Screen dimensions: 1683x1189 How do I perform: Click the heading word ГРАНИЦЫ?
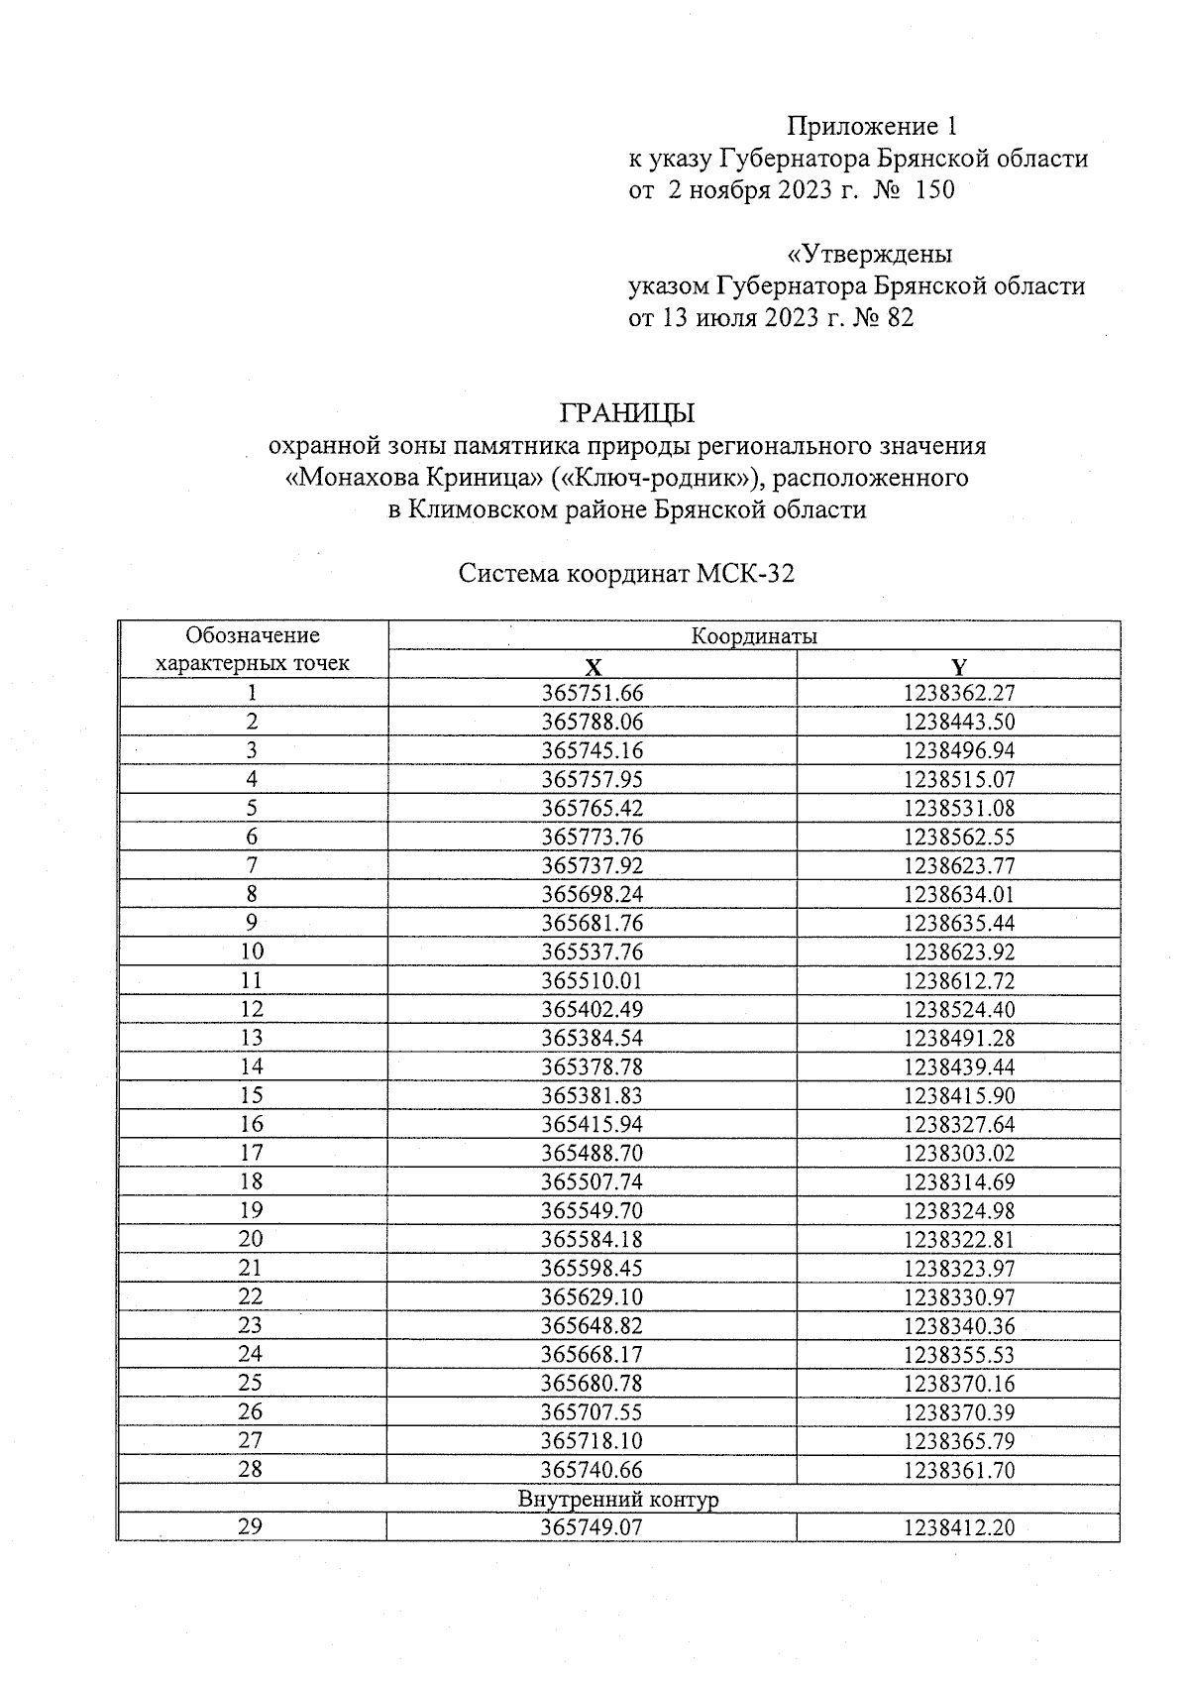click(627, 411)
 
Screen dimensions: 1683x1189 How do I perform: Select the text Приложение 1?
click(871, 126)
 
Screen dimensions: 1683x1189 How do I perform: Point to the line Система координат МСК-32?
click(626, 574)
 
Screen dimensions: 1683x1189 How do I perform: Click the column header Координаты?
click(753, 636)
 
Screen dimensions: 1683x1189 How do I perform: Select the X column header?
click(592, 666)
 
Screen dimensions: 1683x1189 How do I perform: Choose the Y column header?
click(958, 666)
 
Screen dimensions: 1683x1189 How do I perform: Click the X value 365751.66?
click(593, 694)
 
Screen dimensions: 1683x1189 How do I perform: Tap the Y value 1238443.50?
click(959, 723)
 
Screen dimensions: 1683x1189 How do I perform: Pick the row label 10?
click(252, 952)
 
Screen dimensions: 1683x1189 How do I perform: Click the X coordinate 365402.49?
click(593, 1010)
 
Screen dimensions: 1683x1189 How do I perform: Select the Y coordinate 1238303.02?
click(959, 1154)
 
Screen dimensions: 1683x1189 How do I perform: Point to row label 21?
click(252, 1268)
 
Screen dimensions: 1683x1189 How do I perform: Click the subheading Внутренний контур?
click(618, 1499)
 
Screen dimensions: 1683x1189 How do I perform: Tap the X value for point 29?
click(592, 1527)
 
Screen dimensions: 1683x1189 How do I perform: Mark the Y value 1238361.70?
click(959, 1470)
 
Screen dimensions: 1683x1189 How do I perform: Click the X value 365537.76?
click(593, 953)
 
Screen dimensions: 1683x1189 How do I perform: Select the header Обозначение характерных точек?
click(253, 649)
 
